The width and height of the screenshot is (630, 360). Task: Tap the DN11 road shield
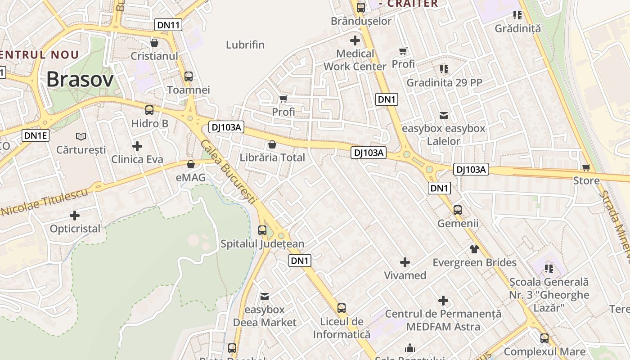pos(169,25)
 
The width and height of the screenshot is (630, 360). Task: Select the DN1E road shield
pos(36,135)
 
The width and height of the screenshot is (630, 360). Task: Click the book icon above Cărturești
pos(81,136)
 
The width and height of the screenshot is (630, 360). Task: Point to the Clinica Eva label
pos(137,159)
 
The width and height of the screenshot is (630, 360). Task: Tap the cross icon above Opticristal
pos(75,216)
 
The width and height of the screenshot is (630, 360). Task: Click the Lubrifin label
pos(245,45)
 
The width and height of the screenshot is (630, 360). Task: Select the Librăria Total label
pos(272,157)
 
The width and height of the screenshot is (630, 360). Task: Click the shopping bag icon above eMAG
pos(191,164)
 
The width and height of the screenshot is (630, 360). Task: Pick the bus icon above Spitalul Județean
pos(262,230)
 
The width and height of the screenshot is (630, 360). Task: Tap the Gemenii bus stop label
pos(458,224)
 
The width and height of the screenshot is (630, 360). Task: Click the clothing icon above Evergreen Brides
pos(474,249)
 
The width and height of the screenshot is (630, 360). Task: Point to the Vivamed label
pos(405,275)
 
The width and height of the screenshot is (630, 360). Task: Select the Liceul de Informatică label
pos(342,328)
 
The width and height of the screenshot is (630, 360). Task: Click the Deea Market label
pos(265,323)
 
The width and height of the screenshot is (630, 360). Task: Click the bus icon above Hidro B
pos(149,110)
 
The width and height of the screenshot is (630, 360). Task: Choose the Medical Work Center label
pos(355,60)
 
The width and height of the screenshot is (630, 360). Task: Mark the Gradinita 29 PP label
pos(444,83)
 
